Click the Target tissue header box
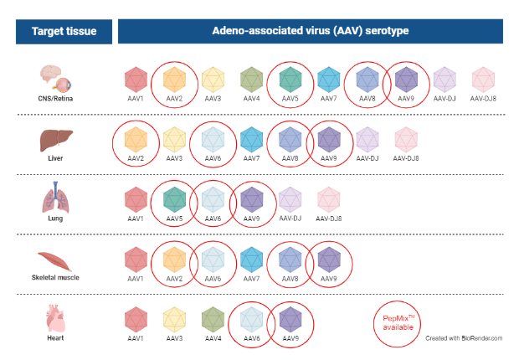point(64,33)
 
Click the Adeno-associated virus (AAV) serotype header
point(310,33)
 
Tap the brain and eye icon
point(58,80)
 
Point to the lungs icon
point(58,200)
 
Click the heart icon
point(58,319)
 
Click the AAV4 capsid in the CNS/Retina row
point(251,80)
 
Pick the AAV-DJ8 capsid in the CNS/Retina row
point(484,80)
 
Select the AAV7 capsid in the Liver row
point(251,139)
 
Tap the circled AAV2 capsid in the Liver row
point(135,139)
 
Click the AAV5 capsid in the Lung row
point(174,199)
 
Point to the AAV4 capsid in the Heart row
point(213,319)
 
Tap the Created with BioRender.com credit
point(464,338)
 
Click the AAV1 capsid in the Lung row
point(136,199)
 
